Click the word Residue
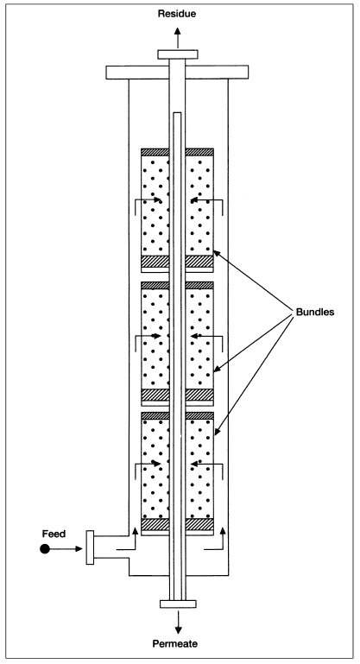tap(177, 14)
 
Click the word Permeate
tap(175, 644)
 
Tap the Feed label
tap(54, 534)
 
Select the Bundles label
tap(315, 312)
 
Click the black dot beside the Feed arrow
tap(45, 549)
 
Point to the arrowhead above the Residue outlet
tap(178, 32)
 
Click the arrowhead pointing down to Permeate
tap(179, 629)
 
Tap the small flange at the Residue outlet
tap(178, 54)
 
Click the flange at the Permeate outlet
tap(178, 604)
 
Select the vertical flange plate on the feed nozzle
tap(90, 547)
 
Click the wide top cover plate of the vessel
tap(177, 72)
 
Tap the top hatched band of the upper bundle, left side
tap(155, 152)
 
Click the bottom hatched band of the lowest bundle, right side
tap(199, 524)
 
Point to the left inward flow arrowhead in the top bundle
tap(157, 199)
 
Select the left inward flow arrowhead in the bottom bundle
tap(157, 464)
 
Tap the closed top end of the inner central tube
tap(178, 113)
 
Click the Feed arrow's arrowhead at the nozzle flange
tap(78, 549)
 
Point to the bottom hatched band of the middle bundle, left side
tap(155, 395)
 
